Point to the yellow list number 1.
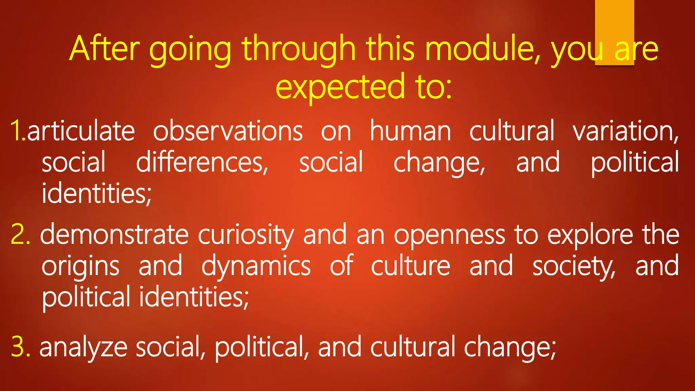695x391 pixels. click(17, 131)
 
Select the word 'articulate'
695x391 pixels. click(81, 131)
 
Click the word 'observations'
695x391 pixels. click(228, 131)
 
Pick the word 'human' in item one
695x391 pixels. click(410, 131)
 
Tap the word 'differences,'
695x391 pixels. click(202, 162)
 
